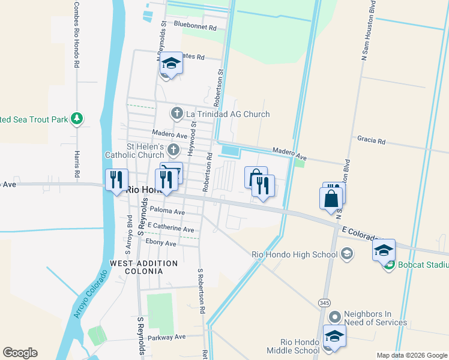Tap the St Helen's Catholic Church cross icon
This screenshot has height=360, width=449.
click(173, 149)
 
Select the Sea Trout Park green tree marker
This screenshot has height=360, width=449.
click(77, 119)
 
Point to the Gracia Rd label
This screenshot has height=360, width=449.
click(371, 140)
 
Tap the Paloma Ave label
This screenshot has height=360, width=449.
click(167, 211)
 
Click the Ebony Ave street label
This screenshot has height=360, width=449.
click(161, 243)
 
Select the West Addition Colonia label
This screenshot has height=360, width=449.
click(144, 267)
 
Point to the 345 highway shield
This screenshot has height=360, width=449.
click(325, 302)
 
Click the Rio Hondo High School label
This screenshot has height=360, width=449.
click(294, 254)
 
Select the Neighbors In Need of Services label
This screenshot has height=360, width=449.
click(375, 318)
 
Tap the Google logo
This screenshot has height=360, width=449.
click(20, 353)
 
